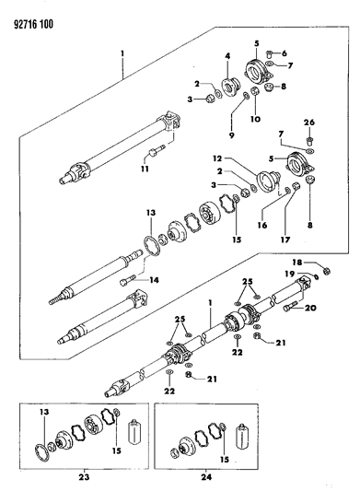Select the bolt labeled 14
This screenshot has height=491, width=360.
pyautogui.click(x=126, y=274)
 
